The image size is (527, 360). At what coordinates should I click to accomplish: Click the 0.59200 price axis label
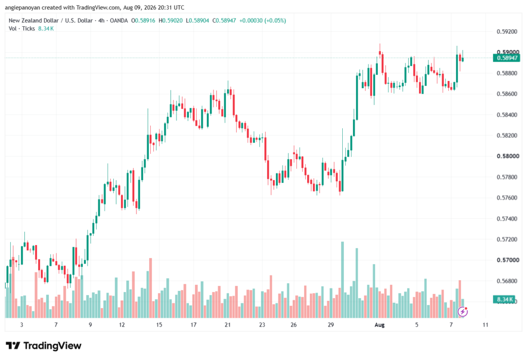[507, 31]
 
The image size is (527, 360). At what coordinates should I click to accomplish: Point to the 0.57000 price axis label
[507, 260]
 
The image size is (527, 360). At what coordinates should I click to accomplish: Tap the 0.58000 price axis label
[507, 156]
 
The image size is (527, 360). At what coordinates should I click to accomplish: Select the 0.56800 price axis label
[507, 281]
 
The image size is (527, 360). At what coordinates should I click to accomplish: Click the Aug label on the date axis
[379, 324]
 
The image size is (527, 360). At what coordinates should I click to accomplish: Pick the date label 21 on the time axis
[227, 324]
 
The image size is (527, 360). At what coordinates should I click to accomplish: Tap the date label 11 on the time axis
[485, 324]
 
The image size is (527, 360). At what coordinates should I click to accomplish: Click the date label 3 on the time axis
[22, 324]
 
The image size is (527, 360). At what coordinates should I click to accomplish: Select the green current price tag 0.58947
[506, 58]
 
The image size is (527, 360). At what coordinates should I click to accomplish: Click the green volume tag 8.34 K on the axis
[504, 299]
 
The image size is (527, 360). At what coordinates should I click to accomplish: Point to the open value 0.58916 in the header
[145, 21]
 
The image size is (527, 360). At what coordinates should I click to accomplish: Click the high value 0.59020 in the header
[172, 21]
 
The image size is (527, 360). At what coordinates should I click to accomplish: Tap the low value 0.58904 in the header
[199, 21]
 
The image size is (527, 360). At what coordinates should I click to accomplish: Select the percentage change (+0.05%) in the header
[275, 21]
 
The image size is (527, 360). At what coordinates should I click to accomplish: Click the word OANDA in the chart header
[119, 21]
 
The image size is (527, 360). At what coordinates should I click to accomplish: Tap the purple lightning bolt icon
[463, 312]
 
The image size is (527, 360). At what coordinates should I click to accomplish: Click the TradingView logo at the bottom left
[43, 346]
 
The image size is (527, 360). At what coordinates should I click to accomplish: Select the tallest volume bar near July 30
[342, 280]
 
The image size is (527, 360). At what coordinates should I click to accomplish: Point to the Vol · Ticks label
[22, 29]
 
